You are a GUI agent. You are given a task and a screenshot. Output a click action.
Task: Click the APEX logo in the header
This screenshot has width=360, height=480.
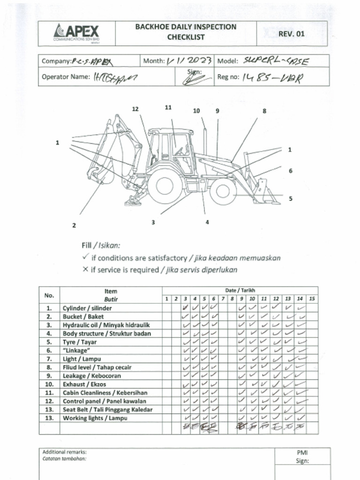coord(78,33)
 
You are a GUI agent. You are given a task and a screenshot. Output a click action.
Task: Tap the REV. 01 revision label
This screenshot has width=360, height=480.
coord(291,34)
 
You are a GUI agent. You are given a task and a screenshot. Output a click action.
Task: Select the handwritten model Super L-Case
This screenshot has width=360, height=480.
coord(277,61)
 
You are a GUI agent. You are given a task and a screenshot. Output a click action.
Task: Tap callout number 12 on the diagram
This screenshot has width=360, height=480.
coord(135,109)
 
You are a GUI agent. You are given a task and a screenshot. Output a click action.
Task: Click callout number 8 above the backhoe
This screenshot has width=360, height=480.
coord(264,111)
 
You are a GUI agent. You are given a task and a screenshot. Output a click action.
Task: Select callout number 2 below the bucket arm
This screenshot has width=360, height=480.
coord(74,225)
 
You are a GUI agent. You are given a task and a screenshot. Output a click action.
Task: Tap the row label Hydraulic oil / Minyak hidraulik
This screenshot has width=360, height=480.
coord(106,325)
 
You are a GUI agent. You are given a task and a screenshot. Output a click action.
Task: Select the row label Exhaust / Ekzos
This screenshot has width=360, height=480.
coord(84,384)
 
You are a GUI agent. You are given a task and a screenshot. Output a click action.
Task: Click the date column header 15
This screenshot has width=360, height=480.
coord(312,299)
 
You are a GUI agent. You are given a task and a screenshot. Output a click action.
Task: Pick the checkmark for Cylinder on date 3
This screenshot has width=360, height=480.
coord(186,308)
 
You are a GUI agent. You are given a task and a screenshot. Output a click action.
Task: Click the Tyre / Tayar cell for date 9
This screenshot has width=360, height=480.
coord(242,342)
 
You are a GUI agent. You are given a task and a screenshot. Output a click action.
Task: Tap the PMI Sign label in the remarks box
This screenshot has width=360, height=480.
coord(302,457)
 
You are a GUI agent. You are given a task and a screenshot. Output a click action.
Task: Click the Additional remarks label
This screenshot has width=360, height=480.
coord(65,452)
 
